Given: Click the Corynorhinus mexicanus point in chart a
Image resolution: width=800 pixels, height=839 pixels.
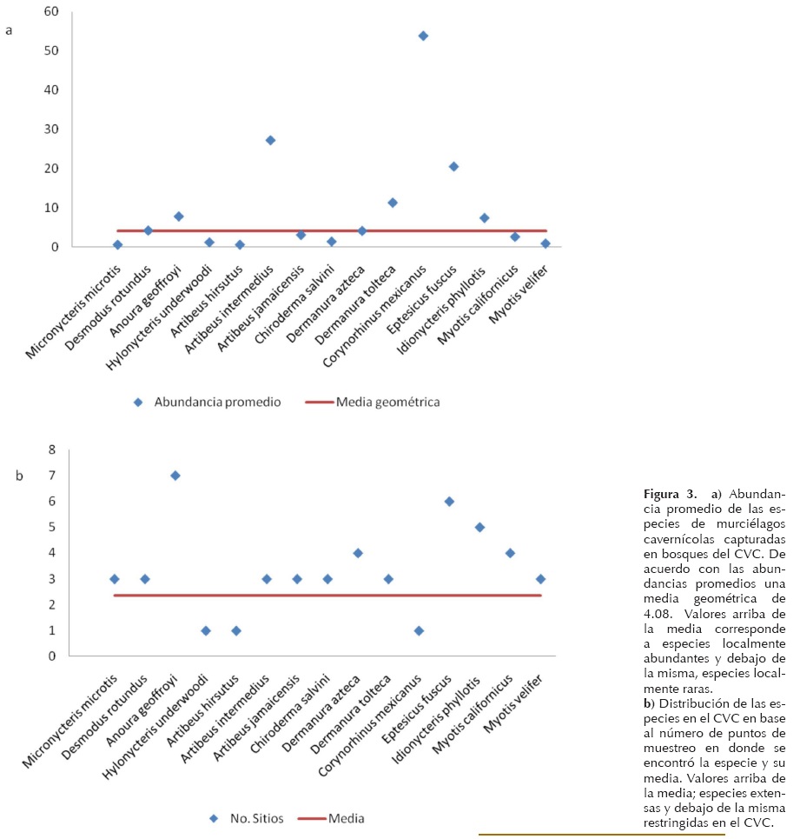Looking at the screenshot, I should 423,36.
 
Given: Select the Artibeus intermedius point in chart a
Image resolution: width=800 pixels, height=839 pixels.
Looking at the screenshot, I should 270,140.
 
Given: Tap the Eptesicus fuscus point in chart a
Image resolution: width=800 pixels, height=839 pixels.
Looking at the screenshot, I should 453,166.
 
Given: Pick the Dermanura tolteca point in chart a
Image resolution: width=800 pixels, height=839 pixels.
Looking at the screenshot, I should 393,203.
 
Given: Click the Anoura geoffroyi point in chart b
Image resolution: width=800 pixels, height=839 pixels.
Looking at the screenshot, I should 175,476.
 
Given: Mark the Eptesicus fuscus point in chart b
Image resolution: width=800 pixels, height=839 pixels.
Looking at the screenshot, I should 449,502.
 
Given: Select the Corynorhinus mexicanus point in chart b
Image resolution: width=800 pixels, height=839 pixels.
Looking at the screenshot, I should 419,630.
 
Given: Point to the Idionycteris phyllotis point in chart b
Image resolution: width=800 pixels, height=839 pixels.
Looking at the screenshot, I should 479,527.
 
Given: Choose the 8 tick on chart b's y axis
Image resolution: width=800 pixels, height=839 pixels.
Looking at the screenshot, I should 51,449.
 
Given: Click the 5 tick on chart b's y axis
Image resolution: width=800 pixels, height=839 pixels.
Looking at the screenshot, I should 51,527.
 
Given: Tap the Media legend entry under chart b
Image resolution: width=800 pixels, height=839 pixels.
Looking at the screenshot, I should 346,818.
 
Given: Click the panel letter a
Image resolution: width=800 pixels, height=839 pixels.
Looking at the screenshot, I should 10,30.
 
